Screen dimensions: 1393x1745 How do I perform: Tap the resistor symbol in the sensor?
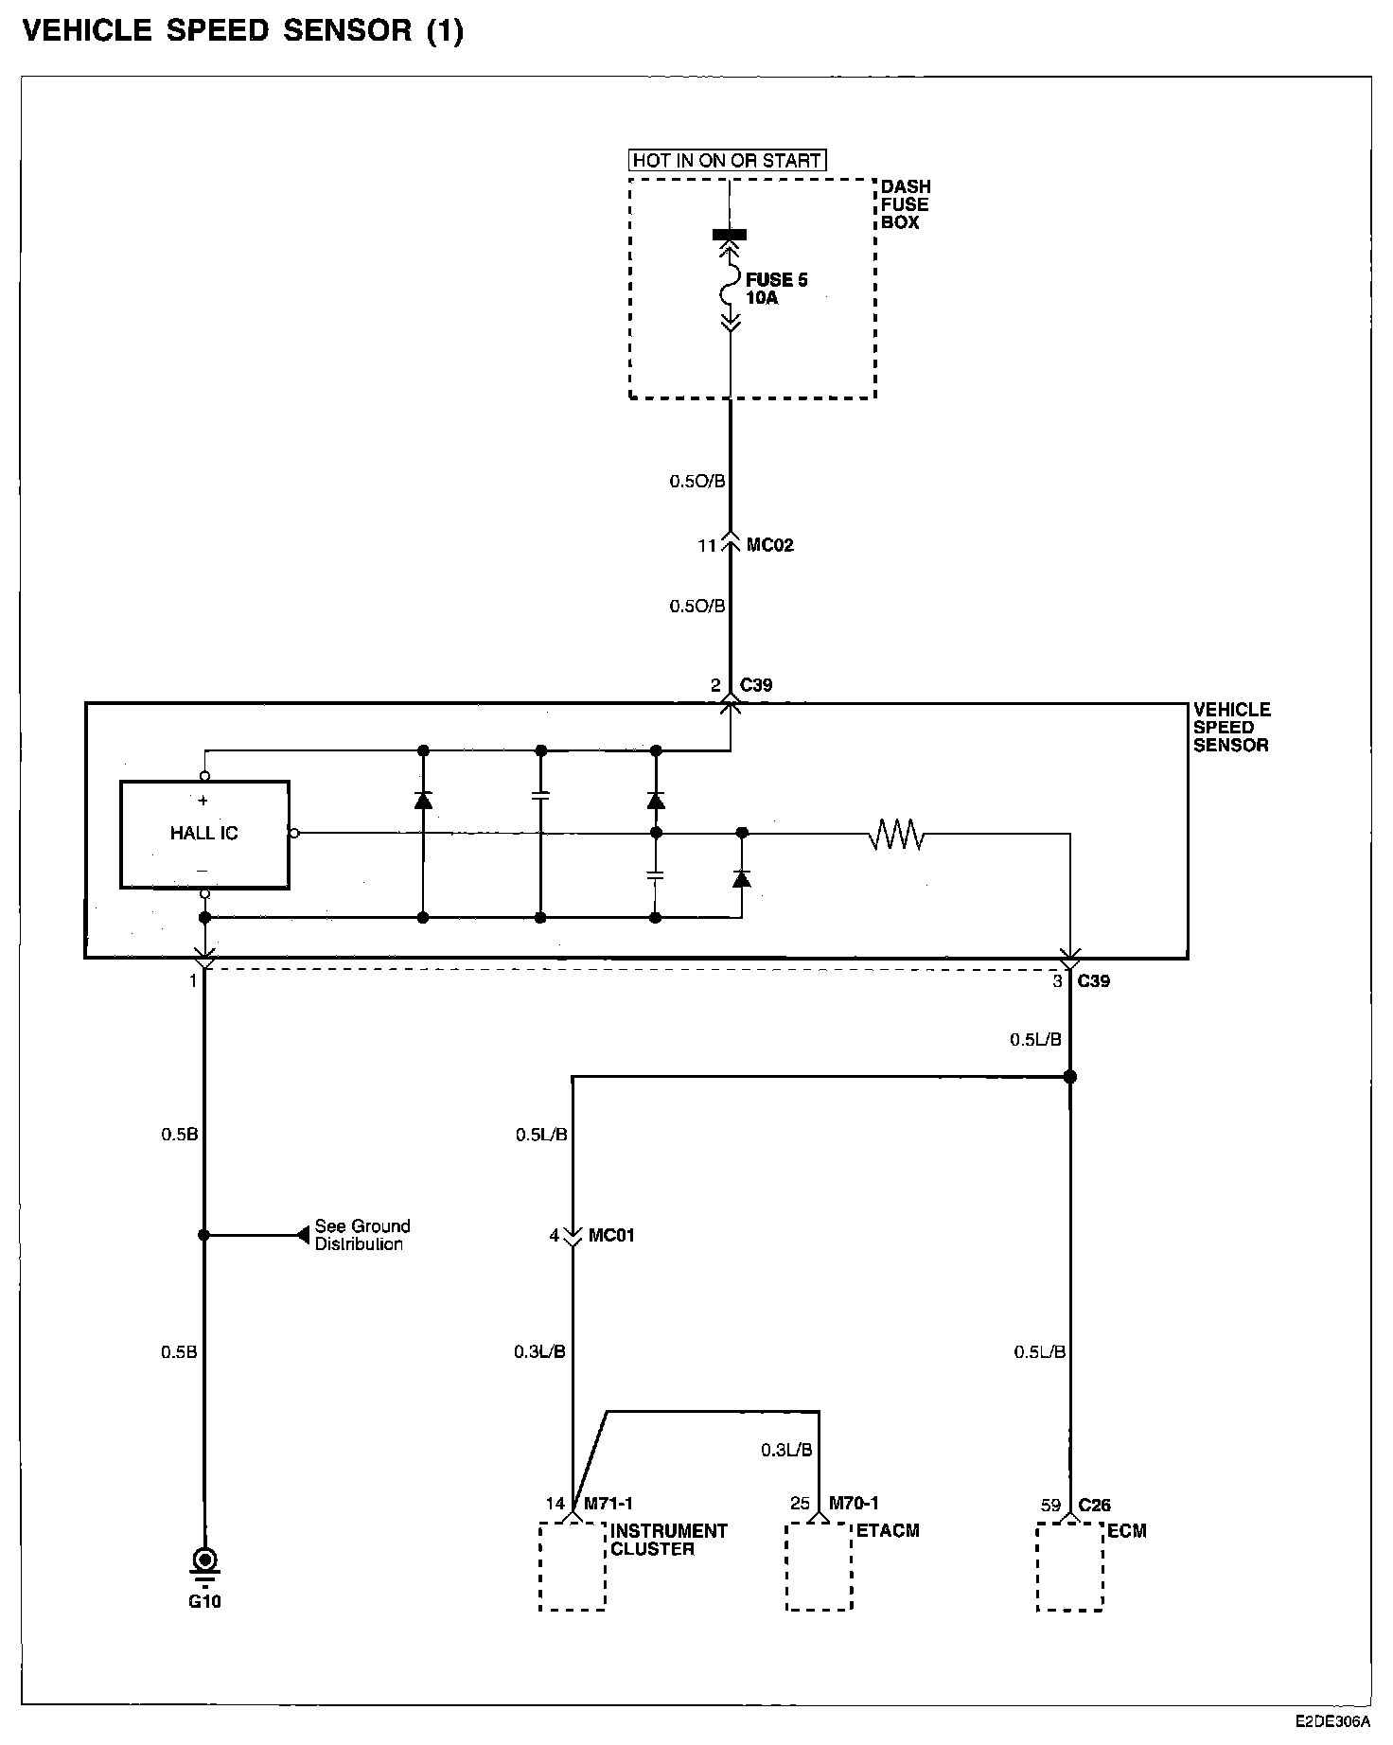896,834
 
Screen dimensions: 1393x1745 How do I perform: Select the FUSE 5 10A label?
776,289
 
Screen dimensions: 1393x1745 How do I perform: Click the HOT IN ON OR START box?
727,160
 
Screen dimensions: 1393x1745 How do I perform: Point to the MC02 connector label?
769,545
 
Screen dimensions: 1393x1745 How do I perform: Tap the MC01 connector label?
611,1235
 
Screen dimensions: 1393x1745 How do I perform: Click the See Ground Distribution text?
362,1235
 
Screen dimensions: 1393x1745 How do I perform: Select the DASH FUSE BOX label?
906,204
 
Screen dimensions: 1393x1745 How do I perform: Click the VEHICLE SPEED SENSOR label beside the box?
1231,727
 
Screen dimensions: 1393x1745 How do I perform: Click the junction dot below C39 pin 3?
1070,1077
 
